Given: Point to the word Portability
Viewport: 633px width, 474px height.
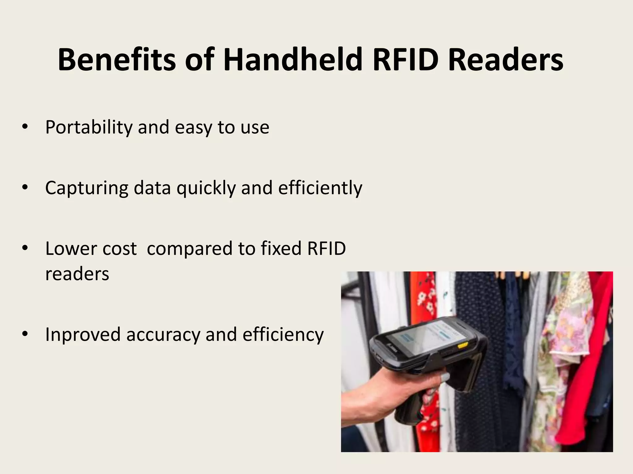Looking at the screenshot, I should [89, 127].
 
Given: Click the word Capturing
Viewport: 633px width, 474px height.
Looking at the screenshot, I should [87, 188].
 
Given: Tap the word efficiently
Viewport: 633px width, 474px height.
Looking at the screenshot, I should [320, 188].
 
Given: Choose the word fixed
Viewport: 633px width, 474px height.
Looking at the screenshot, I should [281, 248].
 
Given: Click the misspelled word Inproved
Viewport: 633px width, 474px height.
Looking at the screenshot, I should [83, 335].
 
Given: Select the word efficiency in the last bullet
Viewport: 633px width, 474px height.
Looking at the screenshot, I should [283, 335].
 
